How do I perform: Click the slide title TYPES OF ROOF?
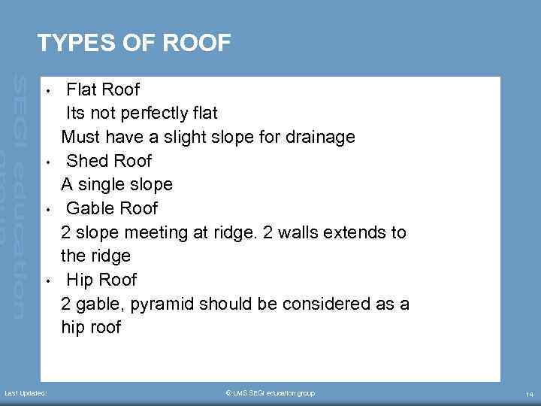(134, 44)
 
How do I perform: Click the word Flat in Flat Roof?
(82, 90)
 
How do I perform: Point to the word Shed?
(86, 161)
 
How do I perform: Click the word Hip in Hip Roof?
(80, 280)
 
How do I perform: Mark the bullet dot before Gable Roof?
(47, 210)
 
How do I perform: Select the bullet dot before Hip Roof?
(47, 281)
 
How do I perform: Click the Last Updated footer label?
(26, 393)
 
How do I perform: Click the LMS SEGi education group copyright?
(270, 393)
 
